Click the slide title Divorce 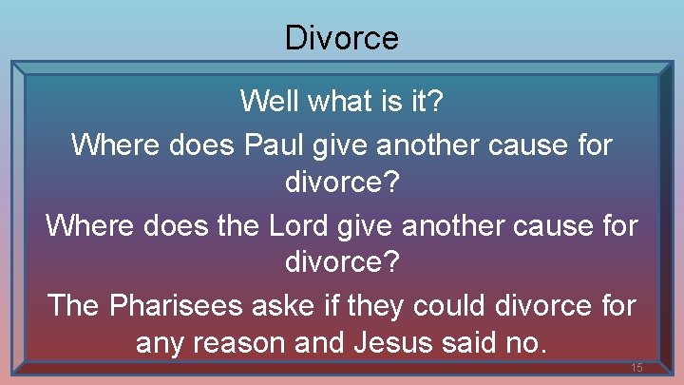click(x=341, y=38)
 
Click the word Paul click(x=276, y=145)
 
